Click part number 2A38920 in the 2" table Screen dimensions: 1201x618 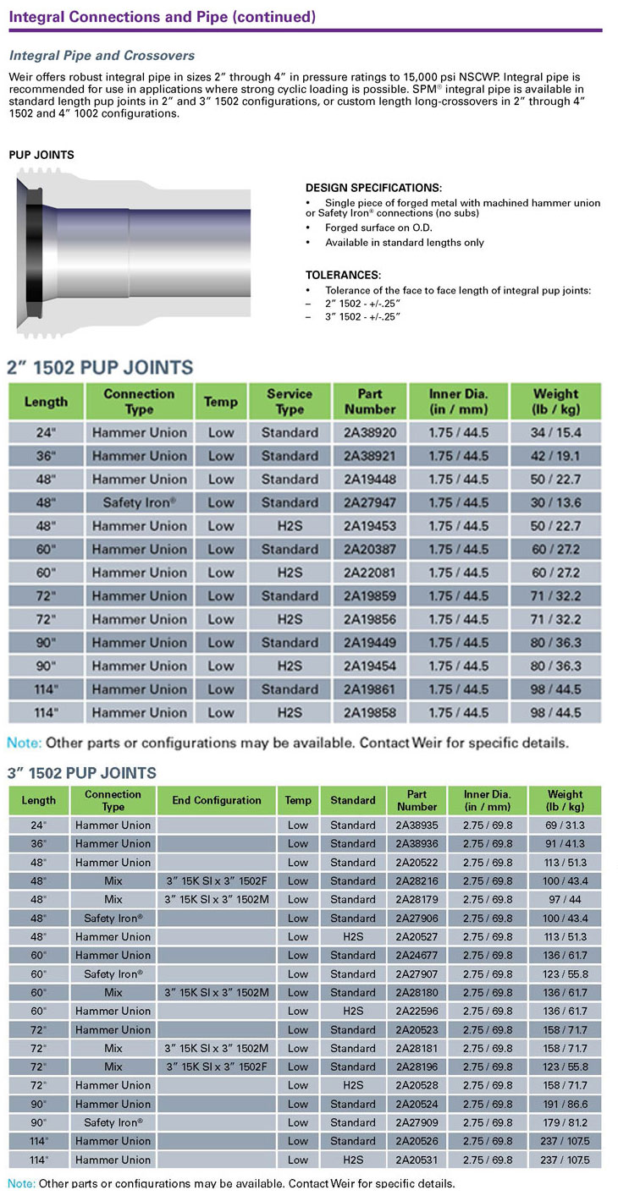point(371,432)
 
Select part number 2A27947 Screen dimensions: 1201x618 point(371,502)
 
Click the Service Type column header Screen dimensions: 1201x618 point(290,401)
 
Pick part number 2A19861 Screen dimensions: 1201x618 point(371,689)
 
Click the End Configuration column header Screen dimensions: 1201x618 point(217,800)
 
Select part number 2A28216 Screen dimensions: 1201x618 point(417,880)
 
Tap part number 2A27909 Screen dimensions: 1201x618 point(417,1122)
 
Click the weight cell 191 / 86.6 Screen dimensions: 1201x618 point(565,1104)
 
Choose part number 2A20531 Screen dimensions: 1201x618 point(417,1160)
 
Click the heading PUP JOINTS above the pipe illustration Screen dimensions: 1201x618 point(41,155)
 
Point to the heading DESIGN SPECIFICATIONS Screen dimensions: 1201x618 point(373,188)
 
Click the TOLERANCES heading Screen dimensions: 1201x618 point(343,275)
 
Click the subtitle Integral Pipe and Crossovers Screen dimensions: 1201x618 point(102,56)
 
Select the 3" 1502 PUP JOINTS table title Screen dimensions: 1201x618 point(82,773)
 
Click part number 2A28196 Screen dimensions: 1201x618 point(417,1067)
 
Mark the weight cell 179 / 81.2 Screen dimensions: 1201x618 point(565,1122)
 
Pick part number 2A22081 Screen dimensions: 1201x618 point(371,573)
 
